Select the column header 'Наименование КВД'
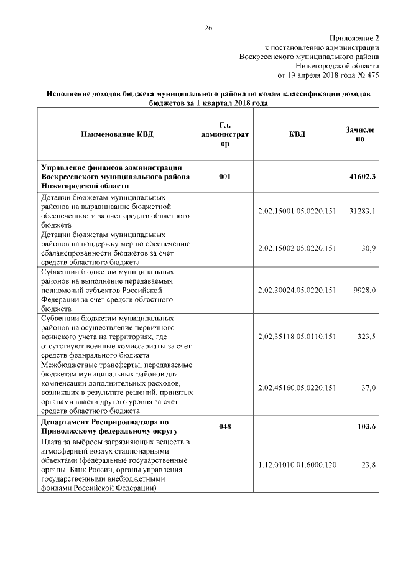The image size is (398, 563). (x=116, y=134)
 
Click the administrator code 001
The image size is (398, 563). (x=225, y=177)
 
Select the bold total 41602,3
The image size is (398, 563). (x=363, y=177)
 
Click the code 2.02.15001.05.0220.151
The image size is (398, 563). (x=297, y=212)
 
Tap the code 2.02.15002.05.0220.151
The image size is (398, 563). (x=297, y=249)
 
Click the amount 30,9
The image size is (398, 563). (x=368, y=249)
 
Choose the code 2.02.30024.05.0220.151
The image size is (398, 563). (x=297, y=290)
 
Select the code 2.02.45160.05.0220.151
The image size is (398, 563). (x=297, y=388)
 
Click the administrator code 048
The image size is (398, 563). (x=225, y=426)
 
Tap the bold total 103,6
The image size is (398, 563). (x=366, y=426)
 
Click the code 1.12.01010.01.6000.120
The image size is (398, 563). (x=297, y=465)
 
